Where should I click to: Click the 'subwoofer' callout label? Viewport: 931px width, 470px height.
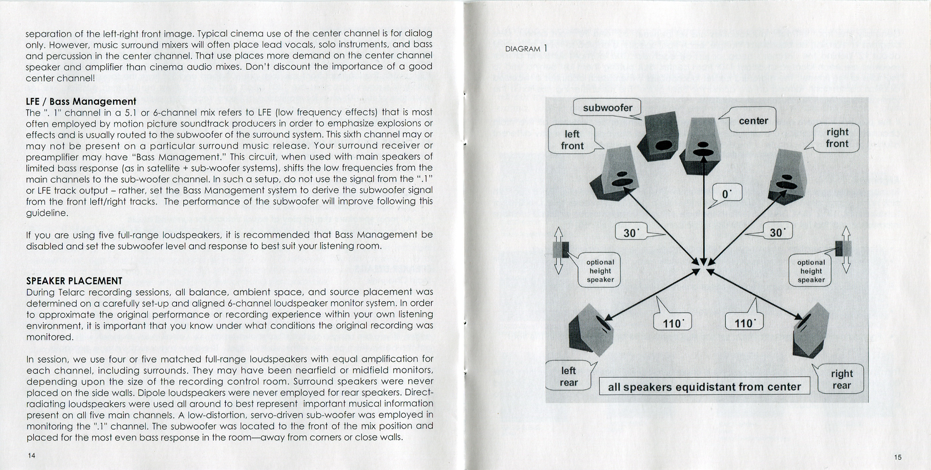607,108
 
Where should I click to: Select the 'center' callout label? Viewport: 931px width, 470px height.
753,120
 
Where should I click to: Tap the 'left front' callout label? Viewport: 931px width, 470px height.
572,140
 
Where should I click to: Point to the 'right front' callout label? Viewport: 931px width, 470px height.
837,138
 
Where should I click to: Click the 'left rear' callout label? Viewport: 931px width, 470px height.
568,376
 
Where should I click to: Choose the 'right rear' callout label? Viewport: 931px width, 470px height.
841,379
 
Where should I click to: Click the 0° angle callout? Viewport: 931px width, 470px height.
727,194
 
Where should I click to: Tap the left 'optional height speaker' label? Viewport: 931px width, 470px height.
600,271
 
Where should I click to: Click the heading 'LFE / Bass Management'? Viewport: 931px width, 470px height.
81,101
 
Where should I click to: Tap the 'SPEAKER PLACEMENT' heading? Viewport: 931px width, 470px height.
74,281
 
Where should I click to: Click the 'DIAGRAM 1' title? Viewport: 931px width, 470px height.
526,48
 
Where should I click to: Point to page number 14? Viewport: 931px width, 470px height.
32,455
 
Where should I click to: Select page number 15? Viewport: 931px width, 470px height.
898,457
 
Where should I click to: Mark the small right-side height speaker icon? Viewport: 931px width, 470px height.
844,249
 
